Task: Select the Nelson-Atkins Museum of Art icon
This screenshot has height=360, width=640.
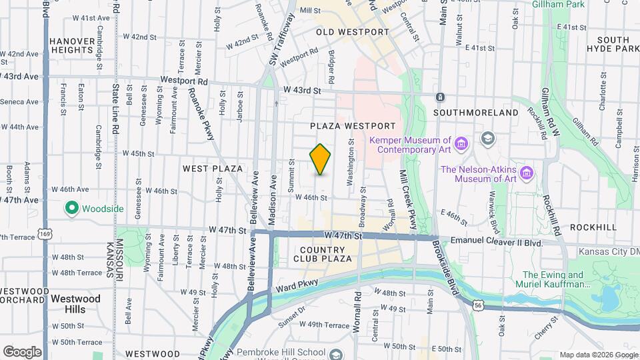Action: click(527, 173)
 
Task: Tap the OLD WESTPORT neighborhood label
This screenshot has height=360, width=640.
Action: click(352, 32)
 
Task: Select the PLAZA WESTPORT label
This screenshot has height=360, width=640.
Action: click(353, 126)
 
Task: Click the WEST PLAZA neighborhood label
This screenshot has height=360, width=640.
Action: click(212, 169)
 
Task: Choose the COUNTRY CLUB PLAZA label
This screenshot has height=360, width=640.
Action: click(323, 254)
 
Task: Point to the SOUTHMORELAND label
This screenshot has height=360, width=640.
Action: click(475, 113)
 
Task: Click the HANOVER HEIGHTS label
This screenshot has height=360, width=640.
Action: click(71, 45)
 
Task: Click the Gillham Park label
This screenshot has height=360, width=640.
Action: click(559, 5)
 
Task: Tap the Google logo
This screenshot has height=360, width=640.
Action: click(22, 351)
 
